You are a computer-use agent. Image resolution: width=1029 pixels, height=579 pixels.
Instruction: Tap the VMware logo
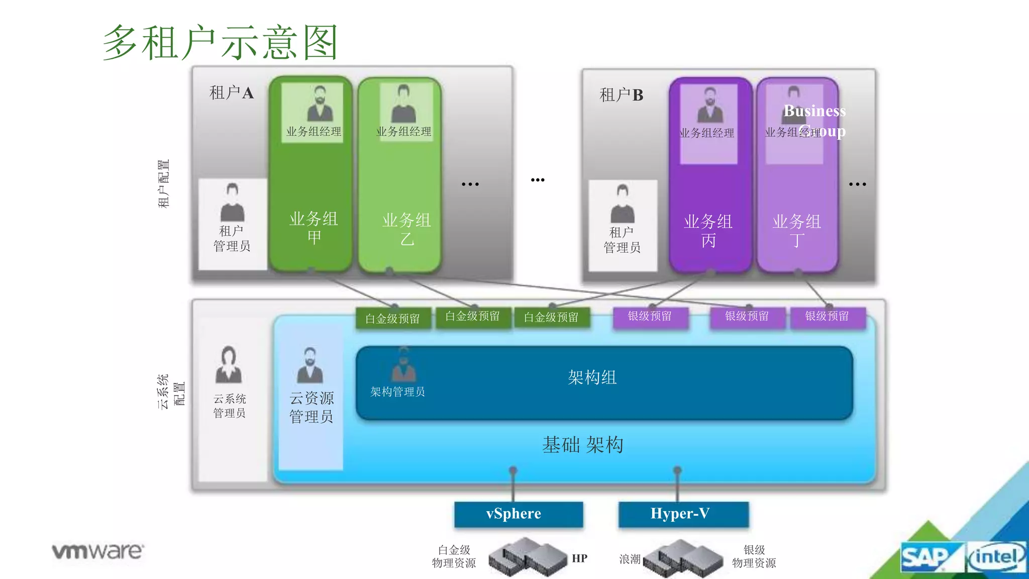(x=98, y=551)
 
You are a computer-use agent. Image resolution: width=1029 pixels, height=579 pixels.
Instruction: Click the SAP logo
(x=925, y=557)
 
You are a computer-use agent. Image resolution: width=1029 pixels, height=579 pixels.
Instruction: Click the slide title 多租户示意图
(x=220, y=43)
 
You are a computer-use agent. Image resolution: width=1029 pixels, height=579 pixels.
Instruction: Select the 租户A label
(x=232, y=93)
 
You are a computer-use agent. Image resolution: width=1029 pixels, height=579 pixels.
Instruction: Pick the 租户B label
(x=622, y=95)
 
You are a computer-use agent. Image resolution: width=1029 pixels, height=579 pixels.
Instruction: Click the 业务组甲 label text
(x=314, y=228)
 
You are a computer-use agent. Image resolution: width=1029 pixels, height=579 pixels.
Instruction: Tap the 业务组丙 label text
(x=708, y=231)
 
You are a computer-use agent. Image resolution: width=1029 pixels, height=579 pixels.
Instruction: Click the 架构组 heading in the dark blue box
(x=592, y=377)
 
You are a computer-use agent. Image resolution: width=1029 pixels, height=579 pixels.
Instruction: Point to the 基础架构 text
(x=583, y=445)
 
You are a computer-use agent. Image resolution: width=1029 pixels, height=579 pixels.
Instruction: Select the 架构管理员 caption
(x=397, y=392)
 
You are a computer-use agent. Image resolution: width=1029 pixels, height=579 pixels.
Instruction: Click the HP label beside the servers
(x=579, y=558)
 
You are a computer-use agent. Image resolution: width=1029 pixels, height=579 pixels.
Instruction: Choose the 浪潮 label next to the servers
(x=630, y=559)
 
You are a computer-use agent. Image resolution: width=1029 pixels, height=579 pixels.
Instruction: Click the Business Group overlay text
(x=815, y=121)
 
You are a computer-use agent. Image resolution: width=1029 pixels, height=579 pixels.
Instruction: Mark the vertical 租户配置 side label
(x=164, y=184)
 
